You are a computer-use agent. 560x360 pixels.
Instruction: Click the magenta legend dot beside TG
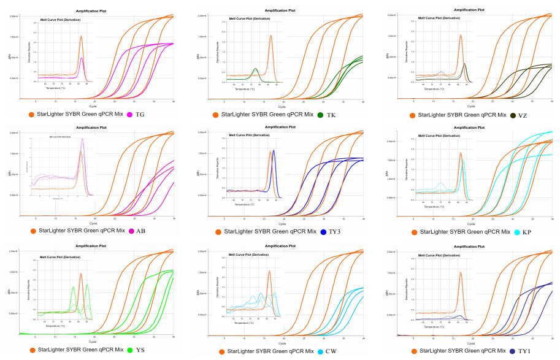pos(130,115)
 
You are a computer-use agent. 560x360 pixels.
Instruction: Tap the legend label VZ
pos(523,115)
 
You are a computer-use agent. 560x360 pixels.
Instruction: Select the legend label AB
pos(140,231)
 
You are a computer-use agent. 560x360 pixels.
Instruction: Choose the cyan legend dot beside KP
pos(517,232)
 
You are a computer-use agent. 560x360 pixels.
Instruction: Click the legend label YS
pos(140,350)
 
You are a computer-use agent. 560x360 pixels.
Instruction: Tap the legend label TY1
pos(524,351)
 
